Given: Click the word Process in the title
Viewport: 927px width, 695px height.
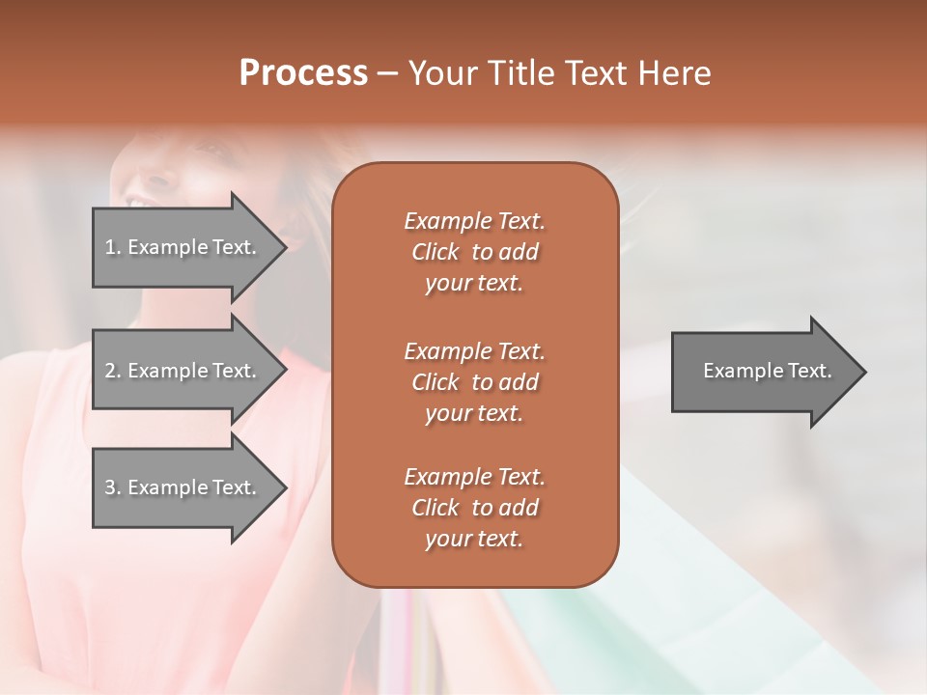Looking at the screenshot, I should (x=303, y=73).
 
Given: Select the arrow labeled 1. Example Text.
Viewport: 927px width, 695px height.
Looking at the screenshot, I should (x=183, y=247).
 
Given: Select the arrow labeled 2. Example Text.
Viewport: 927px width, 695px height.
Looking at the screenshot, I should (x=183, y=371).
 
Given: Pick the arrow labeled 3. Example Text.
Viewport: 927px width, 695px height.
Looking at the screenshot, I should (x=183, y=487).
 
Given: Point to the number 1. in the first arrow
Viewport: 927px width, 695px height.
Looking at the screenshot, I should (x=112, y=247).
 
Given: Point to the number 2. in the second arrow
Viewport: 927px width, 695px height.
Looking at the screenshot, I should (x=112, y=371).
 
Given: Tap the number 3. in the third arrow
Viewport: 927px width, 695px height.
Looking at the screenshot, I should (x=112, y=487).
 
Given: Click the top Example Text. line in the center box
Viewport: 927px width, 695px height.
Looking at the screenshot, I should (x=474, y=221).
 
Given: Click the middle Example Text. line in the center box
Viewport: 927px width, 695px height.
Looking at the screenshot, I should (x=474, y=351).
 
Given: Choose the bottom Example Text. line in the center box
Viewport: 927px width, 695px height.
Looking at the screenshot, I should (x=474, y=477).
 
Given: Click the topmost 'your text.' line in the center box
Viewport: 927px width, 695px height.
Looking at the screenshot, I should (x=474, y=284).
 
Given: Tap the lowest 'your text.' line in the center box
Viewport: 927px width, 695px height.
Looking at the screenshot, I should (x=474, y=539).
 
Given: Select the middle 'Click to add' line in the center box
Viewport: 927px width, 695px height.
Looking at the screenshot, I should (x=474, y=382).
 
